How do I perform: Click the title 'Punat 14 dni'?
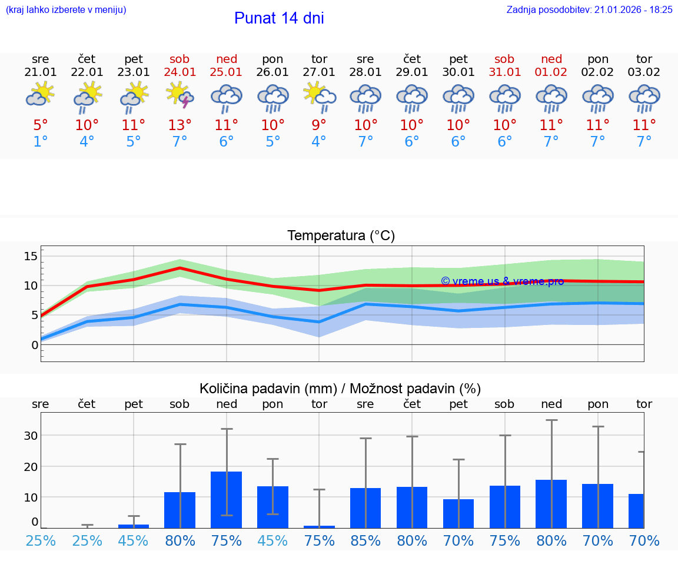pyautogui.click(x=279, y=18)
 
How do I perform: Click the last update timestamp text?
pyautogui.click(x=589, y=9)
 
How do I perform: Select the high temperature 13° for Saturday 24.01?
pyautogui.click(x=180, y=125)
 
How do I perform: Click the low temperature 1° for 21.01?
pyautogui.click(x=41, y=142)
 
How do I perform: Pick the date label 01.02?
pyautogui.click(x=551, y=72)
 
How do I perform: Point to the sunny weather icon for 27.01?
pyautogui.click(x=319, y=96)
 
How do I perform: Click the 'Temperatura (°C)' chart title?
pyautogui.click(x=341, y=235)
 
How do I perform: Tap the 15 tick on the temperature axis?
pyautogui.click(x=31, y=256)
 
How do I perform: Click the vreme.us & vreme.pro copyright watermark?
pyautogui.click(x=502, y=281)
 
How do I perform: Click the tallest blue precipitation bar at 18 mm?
pyautogui.click(x=227, y=499)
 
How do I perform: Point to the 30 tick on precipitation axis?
pyautogui.click(x=31, y=436)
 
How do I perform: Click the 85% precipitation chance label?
pyautogui.click(x=365, y=540)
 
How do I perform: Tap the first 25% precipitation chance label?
pyautogui.click(x=41, y=540)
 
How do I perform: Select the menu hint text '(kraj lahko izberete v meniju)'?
pyautogui.click(x=65, y=9)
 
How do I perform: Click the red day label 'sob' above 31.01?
pyautogui.click(x=504, y=59)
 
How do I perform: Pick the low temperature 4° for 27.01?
pyautogui.click(x=319, y=142)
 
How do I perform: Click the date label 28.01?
pyautogui.click(x=365, y=72)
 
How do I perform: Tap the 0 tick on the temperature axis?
pyautogui.click(x=34, y=344)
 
